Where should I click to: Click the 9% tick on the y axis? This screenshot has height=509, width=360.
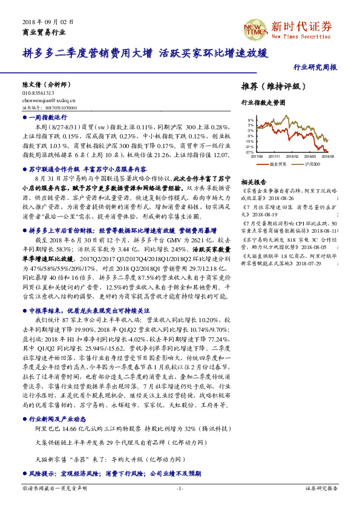(250, 120)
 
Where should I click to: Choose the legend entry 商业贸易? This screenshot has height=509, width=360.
(278, 164)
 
